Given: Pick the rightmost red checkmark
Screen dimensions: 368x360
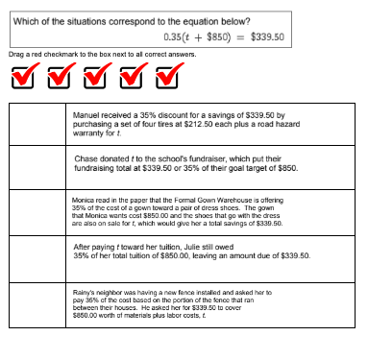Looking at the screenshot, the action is click(168, 76).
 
